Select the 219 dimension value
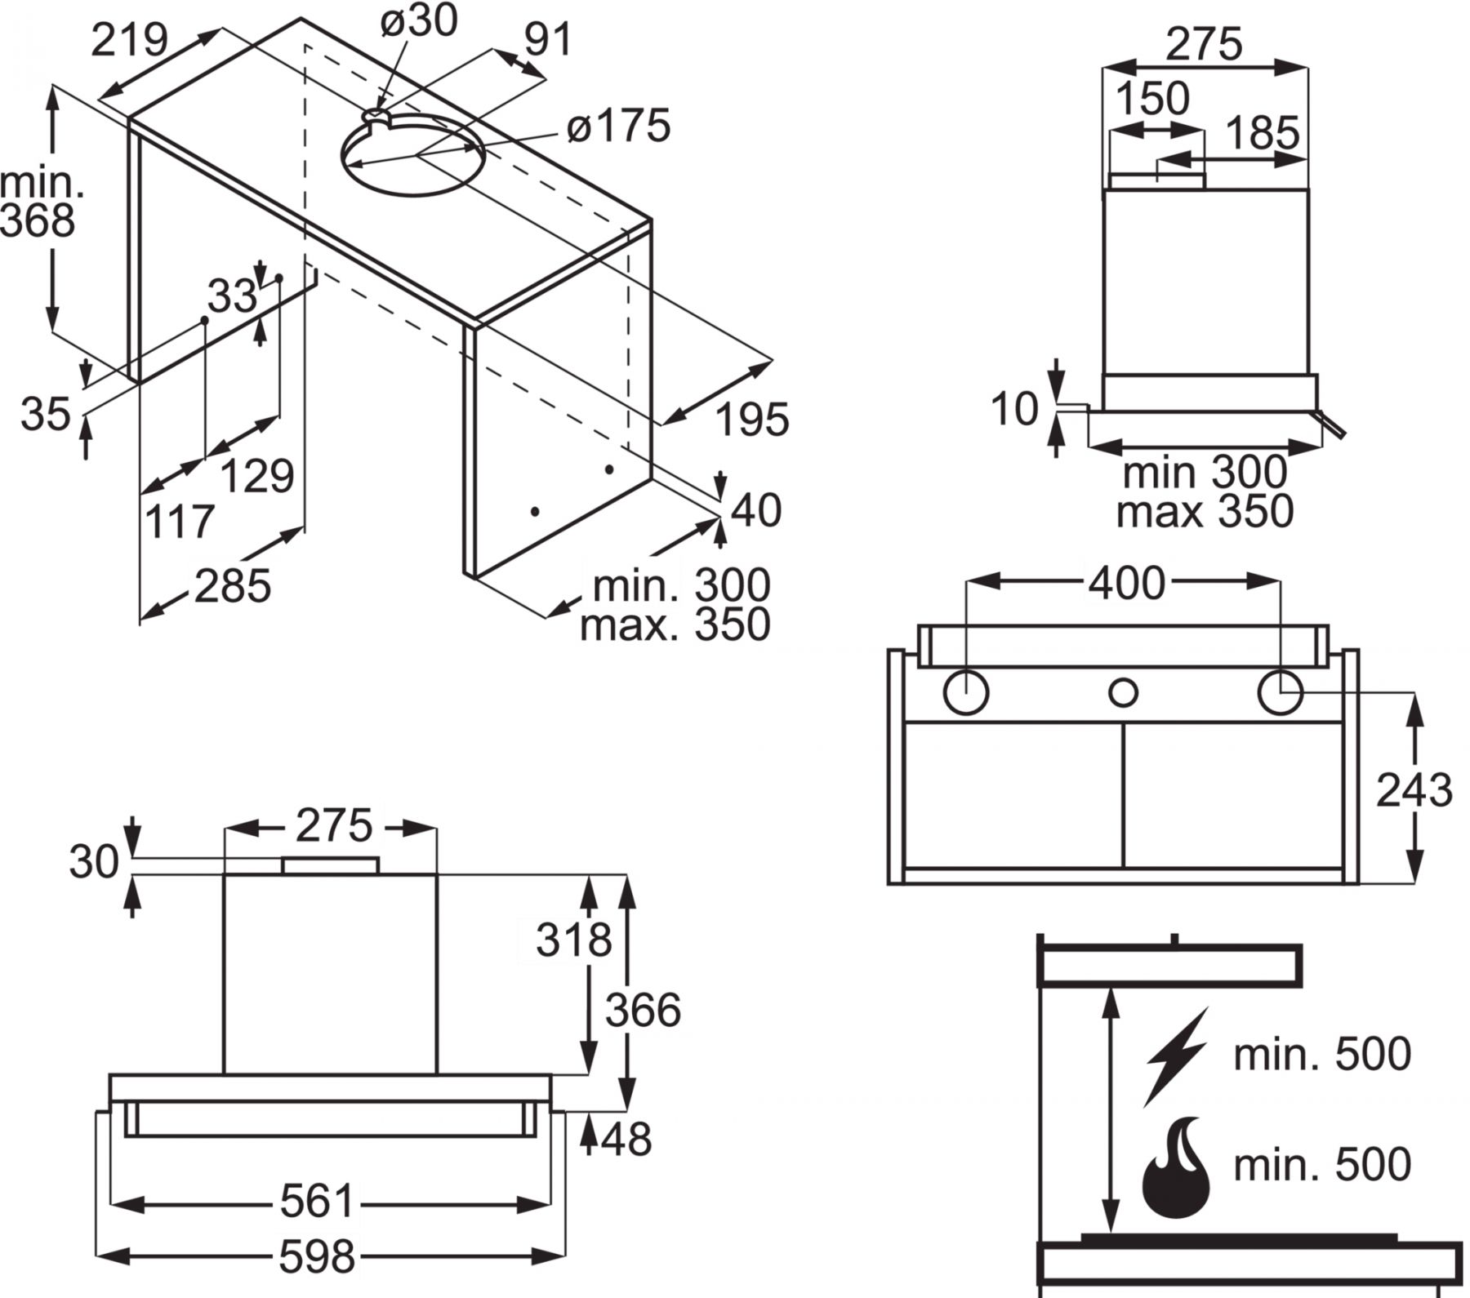[x=129, y=39]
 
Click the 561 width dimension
[x=317, y=1202]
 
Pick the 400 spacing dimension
[x=1126, y=583]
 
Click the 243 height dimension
[x=1414, y=790]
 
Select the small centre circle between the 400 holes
[x=1123, y=693]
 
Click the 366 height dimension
[x=643, y=1011]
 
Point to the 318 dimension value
[x=573, y=940]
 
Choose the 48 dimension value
[x=626, y=1140]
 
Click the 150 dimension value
[x=1152, y=99]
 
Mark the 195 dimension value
[x=752, y=420]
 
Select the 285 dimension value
[x=232, y=586]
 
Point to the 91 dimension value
[x=548, y=39]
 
